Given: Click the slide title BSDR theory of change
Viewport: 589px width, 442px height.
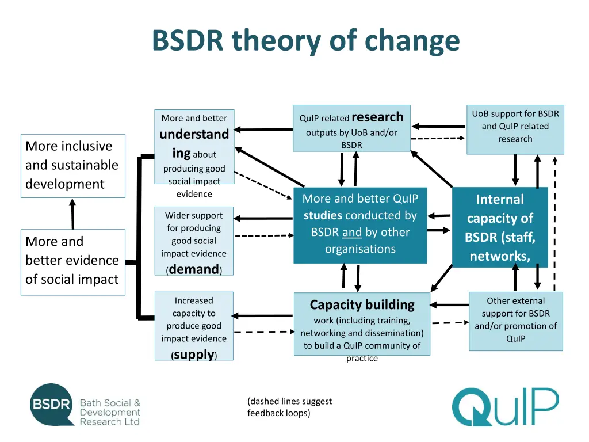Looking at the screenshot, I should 305,41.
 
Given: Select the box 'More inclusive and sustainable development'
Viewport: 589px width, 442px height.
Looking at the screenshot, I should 72,166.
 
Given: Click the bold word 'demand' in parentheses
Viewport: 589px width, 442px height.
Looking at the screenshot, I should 194,269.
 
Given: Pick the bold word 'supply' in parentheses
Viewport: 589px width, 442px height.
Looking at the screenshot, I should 194,355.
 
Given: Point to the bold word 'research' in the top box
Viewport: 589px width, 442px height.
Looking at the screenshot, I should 377,117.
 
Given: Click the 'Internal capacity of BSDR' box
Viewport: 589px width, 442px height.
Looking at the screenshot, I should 500,227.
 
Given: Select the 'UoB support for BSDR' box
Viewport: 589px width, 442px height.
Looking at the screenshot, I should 515,129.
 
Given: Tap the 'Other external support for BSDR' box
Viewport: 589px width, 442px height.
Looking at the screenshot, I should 515,321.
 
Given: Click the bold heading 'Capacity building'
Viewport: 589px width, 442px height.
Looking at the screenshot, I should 362,304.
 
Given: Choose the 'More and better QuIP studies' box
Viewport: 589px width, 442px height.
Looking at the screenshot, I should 360,225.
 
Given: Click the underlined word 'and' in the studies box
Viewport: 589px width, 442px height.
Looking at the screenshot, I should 351,233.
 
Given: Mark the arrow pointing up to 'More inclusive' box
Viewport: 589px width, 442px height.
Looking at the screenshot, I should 72,214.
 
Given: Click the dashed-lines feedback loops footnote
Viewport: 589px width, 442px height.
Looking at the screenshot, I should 289,407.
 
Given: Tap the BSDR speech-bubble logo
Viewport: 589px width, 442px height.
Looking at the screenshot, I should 51,404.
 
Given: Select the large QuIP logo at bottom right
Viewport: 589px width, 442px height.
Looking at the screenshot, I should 504,407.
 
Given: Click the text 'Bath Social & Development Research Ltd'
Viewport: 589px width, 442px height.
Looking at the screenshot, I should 110,412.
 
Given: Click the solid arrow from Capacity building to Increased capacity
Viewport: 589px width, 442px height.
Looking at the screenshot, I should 264,315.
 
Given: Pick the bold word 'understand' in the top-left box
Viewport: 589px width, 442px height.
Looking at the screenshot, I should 194,135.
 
